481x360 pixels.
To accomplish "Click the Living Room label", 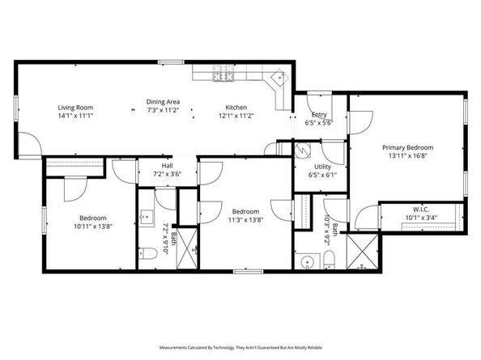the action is click(75, 108).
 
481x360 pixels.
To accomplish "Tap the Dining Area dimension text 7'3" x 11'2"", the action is click(163, 110).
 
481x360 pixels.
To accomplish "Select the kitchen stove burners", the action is click(223, 73).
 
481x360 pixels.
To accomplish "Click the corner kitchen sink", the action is click(279, 77).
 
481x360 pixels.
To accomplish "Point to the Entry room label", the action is click(319, 115).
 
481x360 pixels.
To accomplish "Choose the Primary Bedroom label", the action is click(407, 147).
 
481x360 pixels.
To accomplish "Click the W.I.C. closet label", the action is click(421, 210).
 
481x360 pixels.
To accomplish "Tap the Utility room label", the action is click(323, 167).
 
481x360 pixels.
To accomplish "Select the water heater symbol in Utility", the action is click(303, 150).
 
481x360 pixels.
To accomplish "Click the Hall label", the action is click(167, 166).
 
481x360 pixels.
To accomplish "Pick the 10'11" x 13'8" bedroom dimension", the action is click(93, 227).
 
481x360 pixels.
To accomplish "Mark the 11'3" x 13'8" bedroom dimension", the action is click(245, 220).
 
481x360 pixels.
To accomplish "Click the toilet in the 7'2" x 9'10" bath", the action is click(148, 253).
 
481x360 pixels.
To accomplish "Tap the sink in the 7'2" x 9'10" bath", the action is click(147, 218).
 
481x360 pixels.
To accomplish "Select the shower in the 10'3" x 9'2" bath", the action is click(362, 252).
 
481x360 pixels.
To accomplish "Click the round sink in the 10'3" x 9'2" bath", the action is click(306, 262).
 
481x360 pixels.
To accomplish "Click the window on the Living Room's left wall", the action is click(16, 108).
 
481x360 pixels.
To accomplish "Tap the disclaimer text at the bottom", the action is click(240, 347).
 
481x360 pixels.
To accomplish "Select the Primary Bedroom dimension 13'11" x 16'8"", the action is click(408, 155).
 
